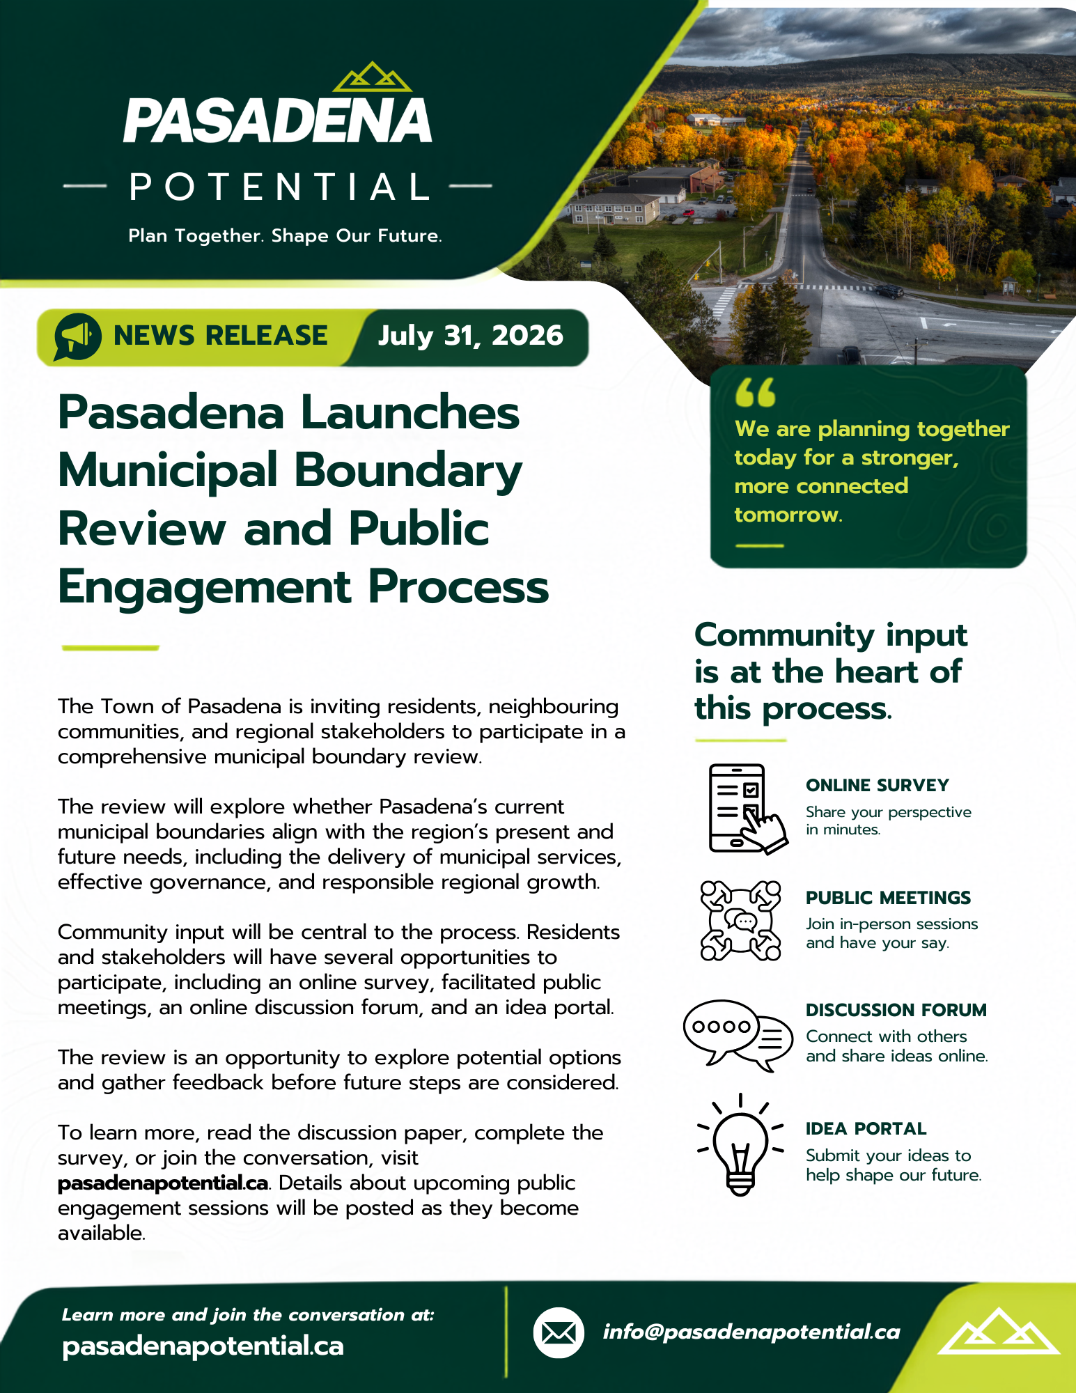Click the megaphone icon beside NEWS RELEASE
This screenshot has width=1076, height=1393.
click(x=77, y=336)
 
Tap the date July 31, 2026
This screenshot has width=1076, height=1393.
click(x=470, y=336)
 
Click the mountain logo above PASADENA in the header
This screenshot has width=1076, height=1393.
click(x=373, y=77)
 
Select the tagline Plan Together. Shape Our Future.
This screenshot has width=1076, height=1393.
click(x=285, y=236)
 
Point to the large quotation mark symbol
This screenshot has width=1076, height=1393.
click(x=756, y=392)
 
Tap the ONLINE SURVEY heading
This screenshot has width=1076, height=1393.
click(x=878, y=785)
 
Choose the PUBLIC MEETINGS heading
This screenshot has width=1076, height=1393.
click(x=888, y=898)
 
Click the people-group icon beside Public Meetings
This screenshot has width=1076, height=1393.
click(x=740, y=921)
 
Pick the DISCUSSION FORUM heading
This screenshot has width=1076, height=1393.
click(x=896, y=1010)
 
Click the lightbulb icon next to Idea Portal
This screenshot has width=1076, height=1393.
click(x=740, y=1145)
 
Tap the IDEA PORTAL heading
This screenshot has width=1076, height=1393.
click(x=866, y=1128)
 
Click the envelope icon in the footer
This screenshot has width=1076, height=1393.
click(x=559, y=1332)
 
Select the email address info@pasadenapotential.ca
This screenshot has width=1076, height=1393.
click(x=751, y=1332)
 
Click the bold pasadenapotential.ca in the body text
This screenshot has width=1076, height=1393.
click(x=163, y=1183)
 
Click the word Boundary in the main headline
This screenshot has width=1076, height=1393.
click(x=408, y=471)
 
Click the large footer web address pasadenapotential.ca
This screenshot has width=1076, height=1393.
click(x=203, y=1346)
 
